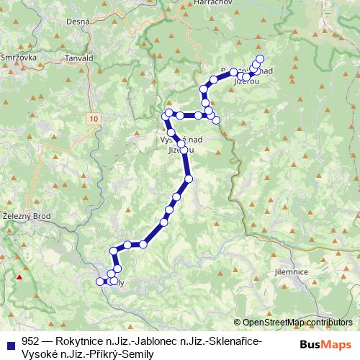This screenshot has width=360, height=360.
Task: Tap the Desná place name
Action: coord(77,42)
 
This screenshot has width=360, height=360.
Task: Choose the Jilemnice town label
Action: coord(292,272)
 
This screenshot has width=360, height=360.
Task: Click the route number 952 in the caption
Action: coord(30,340)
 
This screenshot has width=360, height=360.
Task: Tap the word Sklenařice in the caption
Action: coord(233,340)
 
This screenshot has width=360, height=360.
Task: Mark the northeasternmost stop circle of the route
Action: coord(260,58)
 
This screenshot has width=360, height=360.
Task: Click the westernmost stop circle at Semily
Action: coord(100,281)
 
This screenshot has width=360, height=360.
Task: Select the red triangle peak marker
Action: coord(20,276)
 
